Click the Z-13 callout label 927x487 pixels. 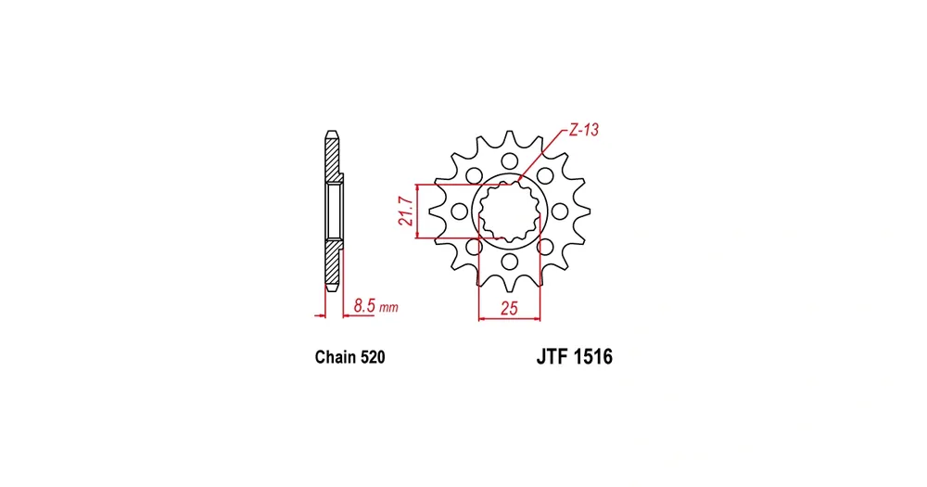click(583, 130)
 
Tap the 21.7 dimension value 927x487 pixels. click(406, 211)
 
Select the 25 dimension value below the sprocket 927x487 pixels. click(509, 308)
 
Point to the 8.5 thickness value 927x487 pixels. click(364, 306)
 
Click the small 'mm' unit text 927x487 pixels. click(388, 308)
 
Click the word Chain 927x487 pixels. click(336, 357)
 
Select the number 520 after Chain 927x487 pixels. click(373, 357)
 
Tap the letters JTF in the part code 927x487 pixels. click(552, 357)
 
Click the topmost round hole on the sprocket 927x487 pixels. click(509, 161)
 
